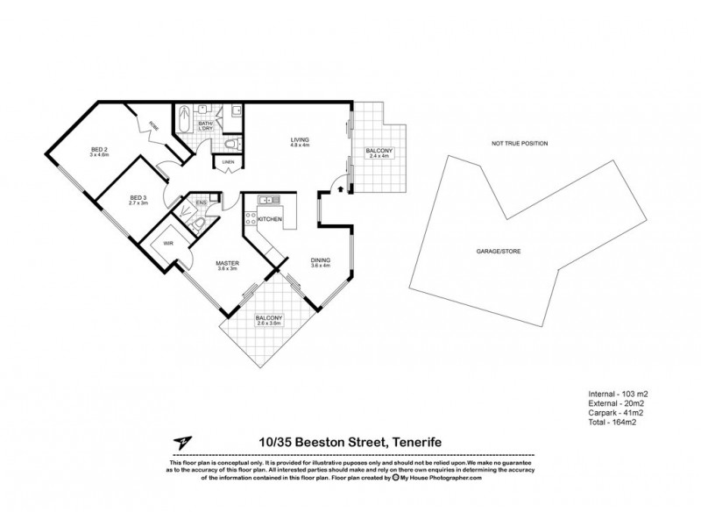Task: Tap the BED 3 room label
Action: coord(138,199)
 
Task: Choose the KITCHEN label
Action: coord(270,218)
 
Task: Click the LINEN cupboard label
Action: coord(228,163)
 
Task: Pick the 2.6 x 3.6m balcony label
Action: coord(269,320)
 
